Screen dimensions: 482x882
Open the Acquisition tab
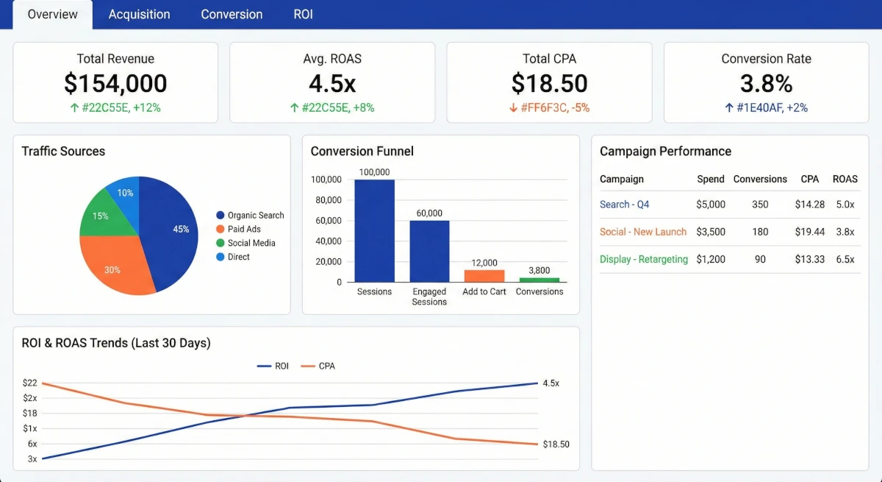point(139,14)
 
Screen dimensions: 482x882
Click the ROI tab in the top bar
point(303,14)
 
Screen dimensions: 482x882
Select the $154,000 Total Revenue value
point(115,83)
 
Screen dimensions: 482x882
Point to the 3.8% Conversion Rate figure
point(766,83)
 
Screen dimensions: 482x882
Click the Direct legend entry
point(238,257)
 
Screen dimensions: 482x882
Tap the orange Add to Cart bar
point(484,276)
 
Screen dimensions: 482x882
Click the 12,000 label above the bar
point(484,263)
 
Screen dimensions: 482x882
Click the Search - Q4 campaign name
point(624,205)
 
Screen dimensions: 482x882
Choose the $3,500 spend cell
point(711,232)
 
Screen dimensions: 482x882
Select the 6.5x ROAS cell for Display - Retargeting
point(845,259)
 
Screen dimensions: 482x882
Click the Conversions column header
point(760,179)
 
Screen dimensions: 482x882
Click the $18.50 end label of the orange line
point(556,444)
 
